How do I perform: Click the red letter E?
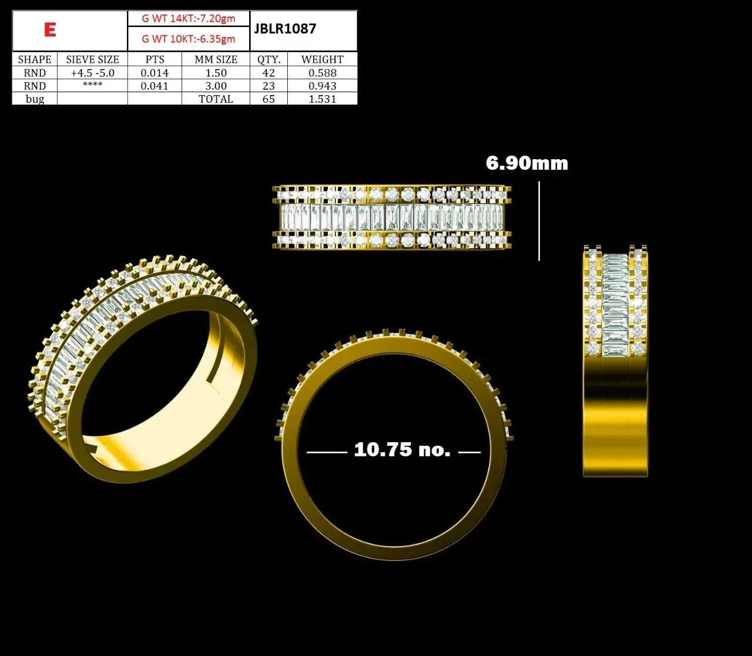(x=50, y=30)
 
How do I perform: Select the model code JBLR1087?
(x=285, y=29)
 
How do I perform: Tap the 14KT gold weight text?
(x=188, y=18)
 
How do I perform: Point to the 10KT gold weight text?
(x=188, y=39)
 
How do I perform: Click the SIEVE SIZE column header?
(x=93, y=59)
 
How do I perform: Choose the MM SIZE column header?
(x=216, y=59)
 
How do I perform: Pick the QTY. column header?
(x=268, y=59)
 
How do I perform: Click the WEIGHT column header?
(x=323, y=59)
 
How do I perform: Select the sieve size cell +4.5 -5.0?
(x=93, y=73)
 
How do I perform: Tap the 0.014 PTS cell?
(x=155, y=73)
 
